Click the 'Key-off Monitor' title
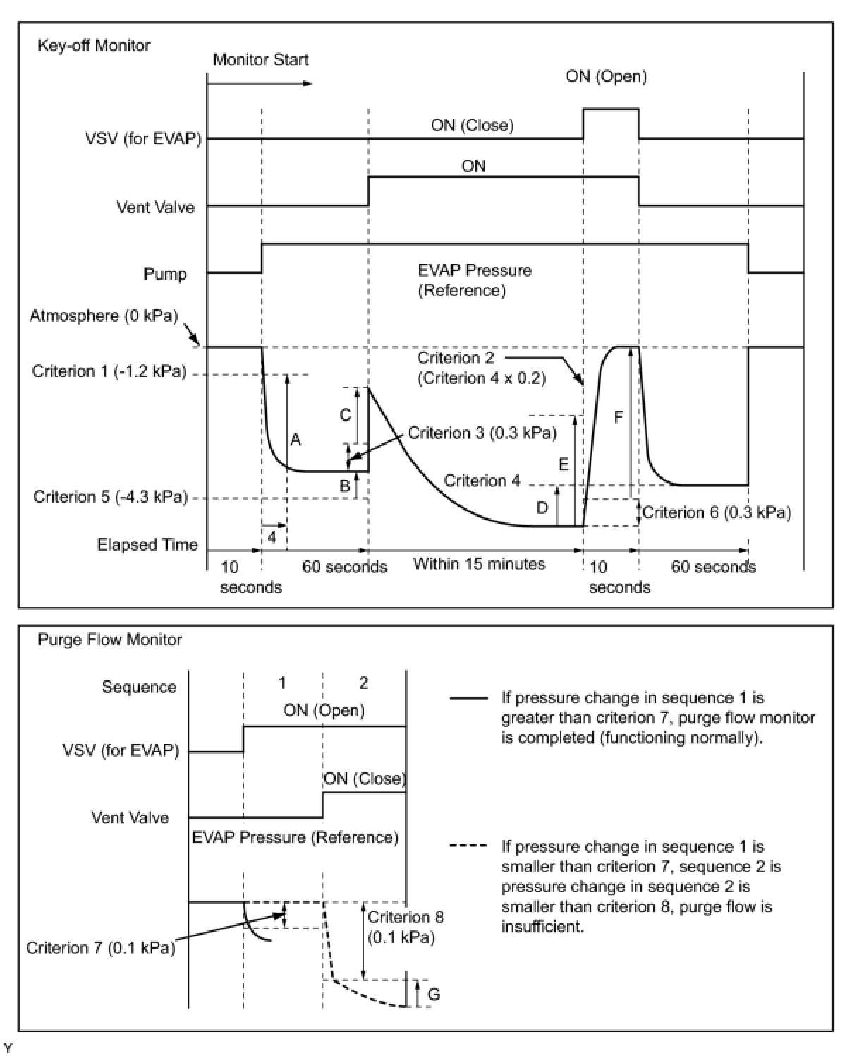coord(94,46)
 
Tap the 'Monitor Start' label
coord(260,60)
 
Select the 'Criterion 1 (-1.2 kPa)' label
coord(109,371)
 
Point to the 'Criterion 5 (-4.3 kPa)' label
coord(111,497)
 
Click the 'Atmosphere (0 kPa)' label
coord(104,316)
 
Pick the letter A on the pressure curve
coord(296,440)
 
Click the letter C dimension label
coord(346,415)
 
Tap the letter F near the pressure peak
coord(619,417)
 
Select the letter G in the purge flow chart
coord(434,995)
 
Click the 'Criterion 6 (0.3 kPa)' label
coord(717,512)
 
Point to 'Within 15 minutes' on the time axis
coord(479,564)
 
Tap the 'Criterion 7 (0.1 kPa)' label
coord(100,947)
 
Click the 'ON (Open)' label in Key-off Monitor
coord(606,76)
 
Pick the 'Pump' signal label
coord(165,274)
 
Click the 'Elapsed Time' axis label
coord(147,545)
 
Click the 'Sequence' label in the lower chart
coord(139,687)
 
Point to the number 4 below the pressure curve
coord(272,536)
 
